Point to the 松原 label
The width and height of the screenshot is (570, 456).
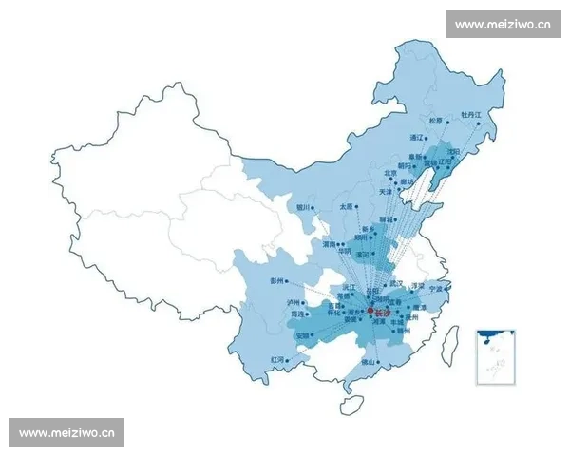pyautogui.click(x=435, y=121)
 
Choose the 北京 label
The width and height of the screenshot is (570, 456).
pyautogui.click(x=390, y=173)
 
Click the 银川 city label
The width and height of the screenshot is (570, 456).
pyautogui.click(x=302, y=205)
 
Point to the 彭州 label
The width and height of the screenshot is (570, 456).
pyautogui.click(x=277, y=281)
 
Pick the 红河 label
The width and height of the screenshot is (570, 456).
pyautogui.click(x=276, y=360)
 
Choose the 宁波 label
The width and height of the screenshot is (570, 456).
pyautogui.click(x=435, y=287)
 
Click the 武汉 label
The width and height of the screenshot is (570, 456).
pyautogui.click(x=395, y=283)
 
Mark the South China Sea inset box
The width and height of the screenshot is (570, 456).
pyautogui.click(x=496, y=356)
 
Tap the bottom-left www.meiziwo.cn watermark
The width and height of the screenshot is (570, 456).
pyautogui.click(x=68, y=433)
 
